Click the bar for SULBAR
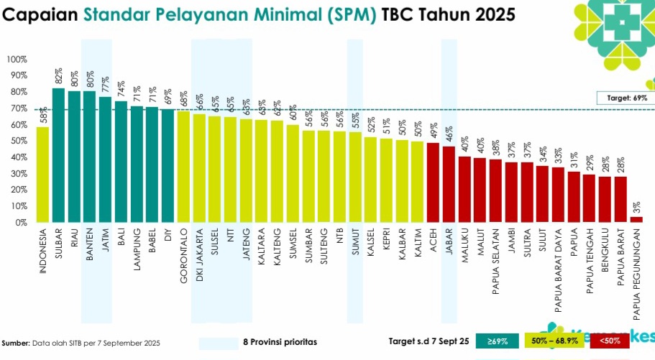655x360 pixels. point(59,155)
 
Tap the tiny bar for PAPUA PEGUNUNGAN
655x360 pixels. point(636,219)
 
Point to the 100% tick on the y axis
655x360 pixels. point(17,59)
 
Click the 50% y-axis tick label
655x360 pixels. point(18,141)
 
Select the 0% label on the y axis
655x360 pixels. point(20,223)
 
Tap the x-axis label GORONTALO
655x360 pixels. point(184,255)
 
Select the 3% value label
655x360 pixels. point(636,207)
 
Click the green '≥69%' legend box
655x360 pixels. point(497,341)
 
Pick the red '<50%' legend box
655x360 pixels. point(609,341)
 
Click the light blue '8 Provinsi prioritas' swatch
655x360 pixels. point(218,342)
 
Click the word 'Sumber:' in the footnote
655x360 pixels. point(16,343)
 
